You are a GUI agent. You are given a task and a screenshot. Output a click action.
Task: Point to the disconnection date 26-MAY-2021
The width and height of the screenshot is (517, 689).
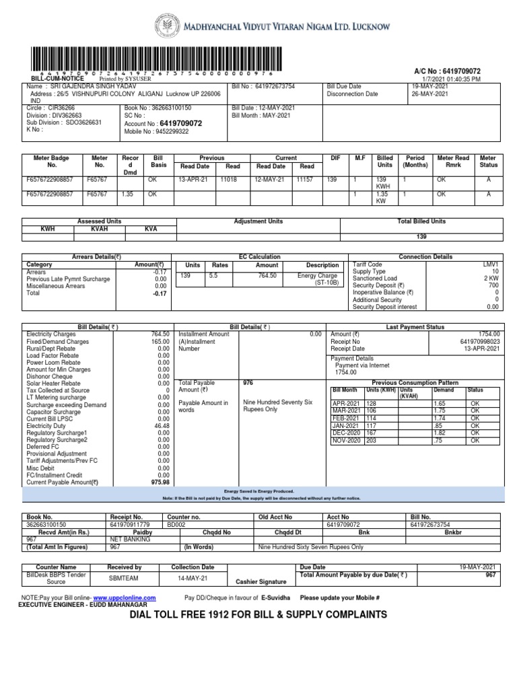click(x=431, y=95)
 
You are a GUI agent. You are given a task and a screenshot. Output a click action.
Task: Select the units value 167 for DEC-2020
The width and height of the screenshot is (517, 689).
click(x=373, y=433)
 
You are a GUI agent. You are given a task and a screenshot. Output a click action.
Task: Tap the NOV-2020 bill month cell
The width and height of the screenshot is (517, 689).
click(x=347, y=441)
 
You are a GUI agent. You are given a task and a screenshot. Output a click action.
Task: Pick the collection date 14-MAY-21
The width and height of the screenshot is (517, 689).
click(x=192, y=577)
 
